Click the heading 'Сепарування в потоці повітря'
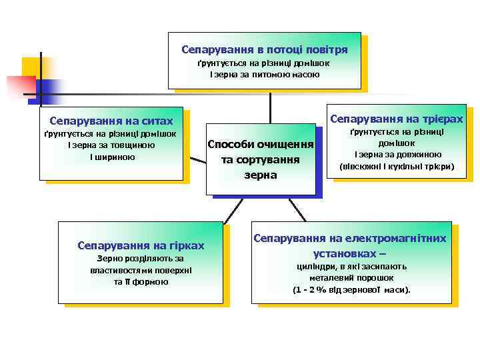point(265,50)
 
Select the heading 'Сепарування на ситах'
point(111,121)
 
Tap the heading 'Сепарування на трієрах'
point(396,119)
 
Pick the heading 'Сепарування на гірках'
point(141,245)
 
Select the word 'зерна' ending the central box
point(261,175)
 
